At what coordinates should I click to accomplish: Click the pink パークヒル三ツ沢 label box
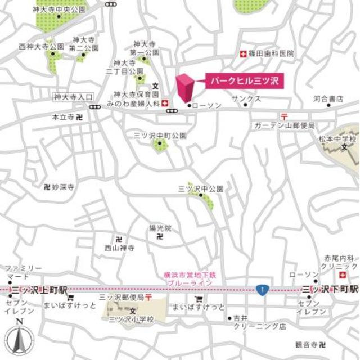click(244, 80)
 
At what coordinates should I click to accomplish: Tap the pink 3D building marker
click(186, 88)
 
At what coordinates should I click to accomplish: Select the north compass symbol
click(19, 340)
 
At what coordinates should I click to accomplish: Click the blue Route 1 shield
click(260, 289)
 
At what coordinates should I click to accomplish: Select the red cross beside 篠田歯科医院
click(243, 54)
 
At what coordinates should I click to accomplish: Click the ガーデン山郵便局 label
click(284, 124)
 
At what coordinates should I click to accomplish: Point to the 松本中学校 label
click(338, 138)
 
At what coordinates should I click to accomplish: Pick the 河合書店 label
click(328, 98)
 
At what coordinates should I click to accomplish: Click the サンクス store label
click(250, 98)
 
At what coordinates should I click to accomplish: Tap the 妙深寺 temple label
click(62, 186)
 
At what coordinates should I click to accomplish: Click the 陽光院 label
click(160, 228)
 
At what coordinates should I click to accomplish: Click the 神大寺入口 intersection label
click(68, 97)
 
